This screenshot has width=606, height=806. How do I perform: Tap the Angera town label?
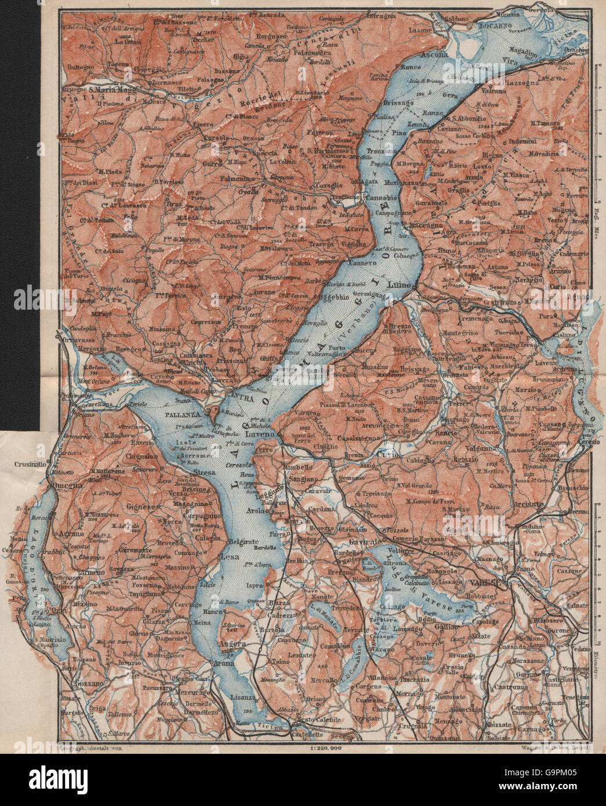234,644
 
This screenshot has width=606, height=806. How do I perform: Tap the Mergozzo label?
77,350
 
